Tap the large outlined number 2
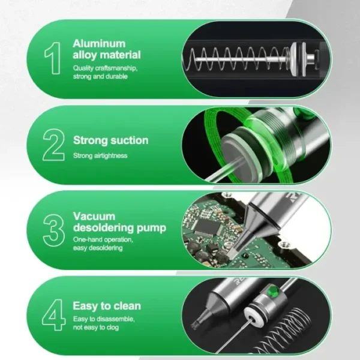(x=52, y=144)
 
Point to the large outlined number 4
(x=52, y=314)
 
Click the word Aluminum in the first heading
(x=99, y=43)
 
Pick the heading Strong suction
(x=110, y=140)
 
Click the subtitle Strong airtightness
(x=100, y=156)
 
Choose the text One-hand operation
(x=98, y=239)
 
